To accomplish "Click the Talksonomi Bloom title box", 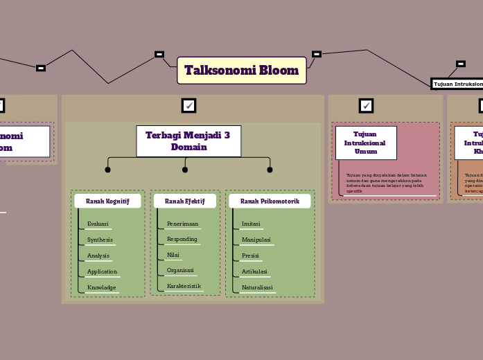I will [241, 71].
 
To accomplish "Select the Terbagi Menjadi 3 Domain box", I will [188, 141].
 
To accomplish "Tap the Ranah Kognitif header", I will [107, 201].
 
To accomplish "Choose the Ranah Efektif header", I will [185, 201].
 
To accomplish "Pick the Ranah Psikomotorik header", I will [270, 201].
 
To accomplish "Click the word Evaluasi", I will [98, 224].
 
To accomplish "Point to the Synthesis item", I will [100, 240].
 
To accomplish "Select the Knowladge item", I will [101, 287].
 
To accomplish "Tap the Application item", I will [102, 271].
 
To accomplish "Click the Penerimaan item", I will [182, 224].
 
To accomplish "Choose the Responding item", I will [182, 239].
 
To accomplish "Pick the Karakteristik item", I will [184, 286].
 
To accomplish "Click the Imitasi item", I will [251, 224].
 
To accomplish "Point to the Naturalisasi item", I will [257, 287].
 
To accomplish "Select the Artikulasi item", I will [254, 271].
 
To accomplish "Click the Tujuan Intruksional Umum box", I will [365, 143].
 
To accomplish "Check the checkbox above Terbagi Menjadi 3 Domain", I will [188, 105].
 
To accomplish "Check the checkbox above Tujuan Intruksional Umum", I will [366, 105].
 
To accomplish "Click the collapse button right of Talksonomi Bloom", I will [317, 54].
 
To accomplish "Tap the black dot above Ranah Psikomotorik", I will [270, 170].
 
